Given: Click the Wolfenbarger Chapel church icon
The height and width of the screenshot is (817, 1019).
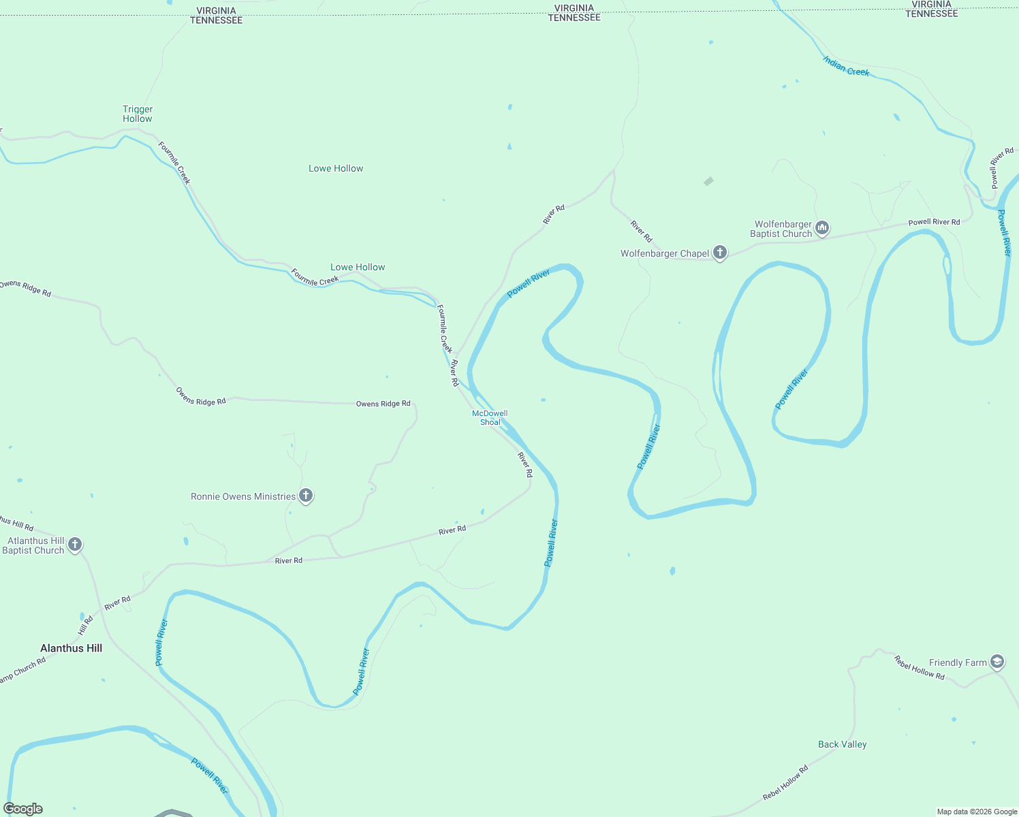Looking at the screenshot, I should (719, 253).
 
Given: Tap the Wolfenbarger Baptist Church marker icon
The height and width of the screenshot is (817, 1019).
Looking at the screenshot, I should (822, 228).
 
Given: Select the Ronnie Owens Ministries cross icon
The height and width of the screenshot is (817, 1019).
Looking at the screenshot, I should (306, 496).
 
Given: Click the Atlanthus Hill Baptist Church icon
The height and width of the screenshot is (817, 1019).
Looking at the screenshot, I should (75, 544).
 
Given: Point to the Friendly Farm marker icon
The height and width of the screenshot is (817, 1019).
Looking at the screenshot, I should (997, 662).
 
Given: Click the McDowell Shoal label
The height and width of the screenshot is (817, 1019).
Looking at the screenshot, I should (490, 418).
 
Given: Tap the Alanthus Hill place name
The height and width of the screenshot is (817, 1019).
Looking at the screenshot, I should (71, 648).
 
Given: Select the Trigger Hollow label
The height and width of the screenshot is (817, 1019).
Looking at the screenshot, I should (138, 114).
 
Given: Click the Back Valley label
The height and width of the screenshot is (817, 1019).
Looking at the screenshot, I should (842, 744).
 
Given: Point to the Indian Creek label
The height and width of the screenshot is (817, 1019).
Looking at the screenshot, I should (846, 67).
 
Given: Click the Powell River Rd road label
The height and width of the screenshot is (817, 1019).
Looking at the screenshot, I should (934, 222).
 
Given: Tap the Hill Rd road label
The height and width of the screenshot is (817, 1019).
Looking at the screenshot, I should (85, 624).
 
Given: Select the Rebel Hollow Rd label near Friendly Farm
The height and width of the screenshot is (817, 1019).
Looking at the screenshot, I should (919, 668).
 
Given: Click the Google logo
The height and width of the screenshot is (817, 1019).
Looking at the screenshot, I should (23, 809).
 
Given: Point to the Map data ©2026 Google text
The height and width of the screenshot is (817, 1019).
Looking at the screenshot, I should (977, 812).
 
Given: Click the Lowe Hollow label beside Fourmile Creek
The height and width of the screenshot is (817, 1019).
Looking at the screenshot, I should (358, 267).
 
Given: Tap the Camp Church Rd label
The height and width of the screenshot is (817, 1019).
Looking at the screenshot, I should (22, 670).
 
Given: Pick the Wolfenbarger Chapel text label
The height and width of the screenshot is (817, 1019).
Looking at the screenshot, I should (665, 253).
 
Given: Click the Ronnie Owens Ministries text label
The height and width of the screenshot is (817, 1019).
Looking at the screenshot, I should (243, 496).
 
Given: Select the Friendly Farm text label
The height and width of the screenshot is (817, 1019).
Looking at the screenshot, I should (958, 662).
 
